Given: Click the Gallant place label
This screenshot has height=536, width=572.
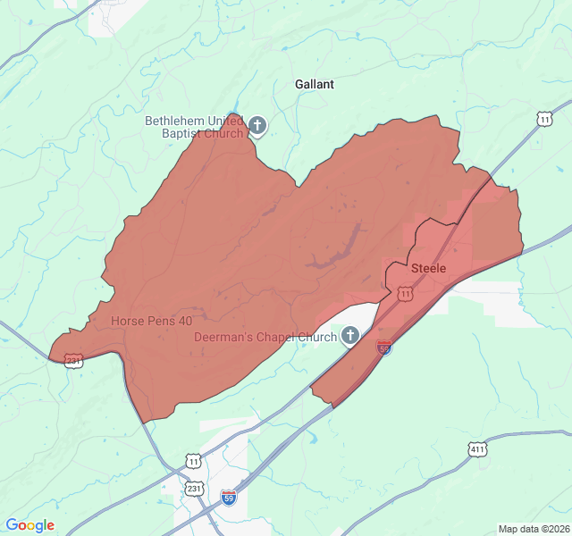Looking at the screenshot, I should tap(315, 84).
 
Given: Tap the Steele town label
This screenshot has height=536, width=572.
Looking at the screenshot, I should tap(428, 268).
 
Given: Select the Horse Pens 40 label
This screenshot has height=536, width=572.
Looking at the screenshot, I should tap(151, 320).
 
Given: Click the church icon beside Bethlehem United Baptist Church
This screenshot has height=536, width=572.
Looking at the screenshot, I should tap(257, 126).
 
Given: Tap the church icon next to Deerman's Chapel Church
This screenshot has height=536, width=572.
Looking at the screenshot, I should tap(350, 336).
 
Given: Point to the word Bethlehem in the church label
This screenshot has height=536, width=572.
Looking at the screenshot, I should tap(175, 121).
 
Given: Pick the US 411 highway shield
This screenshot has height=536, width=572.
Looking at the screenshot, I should tap(476, 449).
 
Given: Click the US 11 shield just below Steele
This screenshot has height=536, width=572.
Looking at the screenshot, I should tap(406, 293).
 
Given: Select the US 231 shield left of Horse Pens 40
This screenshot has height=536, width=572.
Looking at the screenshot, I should tap(73, 361).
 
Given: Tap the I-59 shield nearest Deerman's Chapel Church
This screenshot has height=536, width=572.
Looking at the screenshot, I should tap(383, 347).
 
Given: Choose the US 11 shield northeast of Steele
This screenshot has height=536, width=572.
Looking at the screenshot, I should tap(544, 119).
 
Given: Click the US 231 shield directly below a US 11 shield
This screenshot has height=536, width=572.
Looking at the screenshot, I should tap(194, 489).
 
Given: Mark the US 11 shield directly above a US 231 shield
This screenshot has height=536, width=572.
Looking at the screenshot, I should tap(194, 461).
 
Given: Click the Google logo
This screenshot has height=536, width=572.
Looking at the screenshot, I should tap(29, 525).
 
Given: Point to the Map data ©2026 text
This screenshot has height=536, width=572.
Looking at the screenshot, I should tap(533, 529).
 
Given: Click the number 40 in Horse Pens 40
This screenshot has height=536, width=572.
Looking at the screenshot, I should tap(185, 320).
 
